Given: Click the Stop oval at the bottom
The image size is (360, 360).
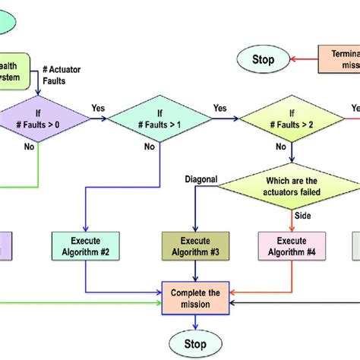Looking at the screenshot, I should [195, 344].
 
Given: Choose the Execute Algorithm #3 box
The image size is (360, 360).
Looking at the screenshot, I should [195, 246].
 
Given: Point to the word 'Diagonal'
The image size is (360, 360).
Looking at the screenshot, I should [202, 179].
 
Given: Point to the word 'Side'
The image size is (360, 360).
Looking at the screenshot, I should [302, 216].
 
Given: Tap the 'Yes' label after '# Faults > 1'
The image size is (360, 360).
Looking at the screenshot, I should [220, 107].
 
